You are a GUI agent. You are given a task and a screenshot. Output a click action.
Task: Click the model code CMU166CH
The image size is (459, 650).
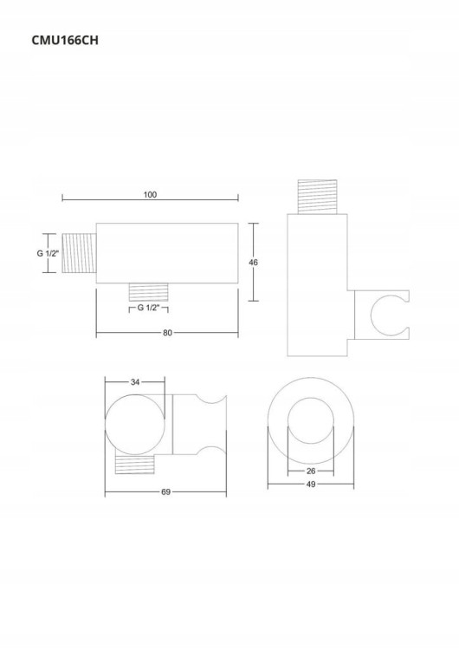pos(65,40)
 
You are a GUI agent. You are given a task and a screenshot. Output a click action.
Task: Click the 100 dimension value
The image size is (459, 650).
pos(150,194)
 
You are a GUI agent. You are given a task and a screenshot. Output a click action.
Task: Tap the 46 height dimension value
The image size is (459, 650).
pos(253,262)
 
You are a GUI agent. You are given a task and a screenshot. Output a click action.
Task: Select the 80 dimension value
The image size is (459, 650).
pos(167,333)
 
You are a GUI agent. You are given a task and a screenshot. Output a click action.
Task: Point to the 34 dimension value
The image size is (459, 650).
pos(135,382)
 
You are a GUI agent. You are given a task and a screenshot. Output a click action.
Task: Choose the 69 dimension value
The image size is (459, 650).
pos(165,491)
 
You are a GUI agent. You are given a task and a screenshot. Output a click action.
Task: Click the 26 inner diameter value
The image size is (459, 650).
pos(311,471)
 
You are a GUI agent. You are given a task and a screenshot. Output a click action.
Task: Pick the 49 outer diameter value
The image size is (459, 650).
pos(311,484)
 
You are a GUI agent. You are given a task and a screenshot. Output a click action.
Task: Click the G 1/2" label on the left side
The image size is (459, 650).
pos(48,253)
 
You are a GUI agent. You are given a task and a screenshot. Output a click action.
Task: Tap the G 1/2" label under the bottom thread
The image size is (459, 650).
pos(148,308)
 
